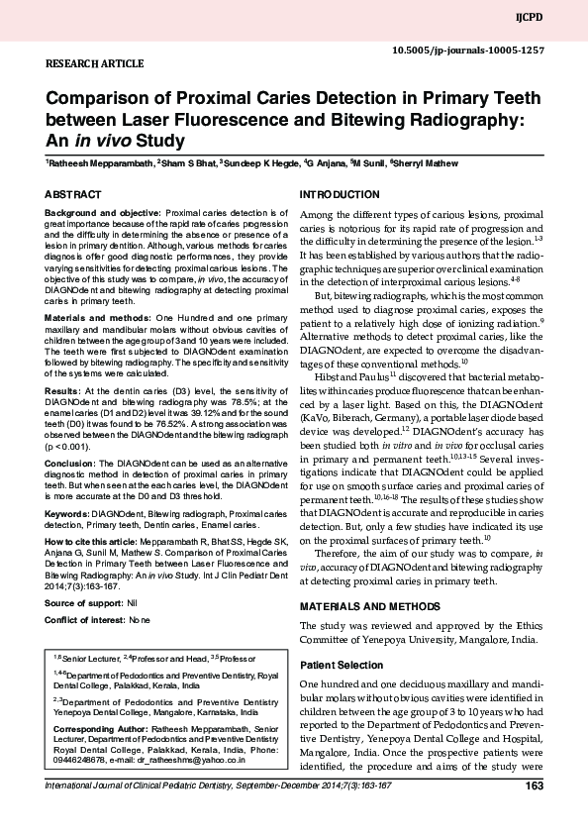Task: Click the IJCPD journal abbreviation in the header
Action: (557, 18)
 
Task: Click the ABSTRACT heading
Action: (72, 195)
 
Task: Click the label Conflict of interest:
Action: (86, 619)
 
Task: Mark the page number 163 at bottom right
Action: (535, 786)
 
